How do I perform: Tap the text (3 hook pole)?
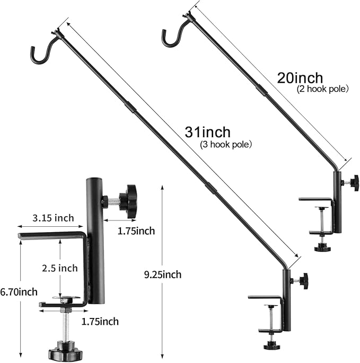pos(225,144)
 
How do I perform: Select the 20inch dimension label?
pos(300,78)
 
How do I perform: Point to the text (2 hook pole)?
pos(322,89)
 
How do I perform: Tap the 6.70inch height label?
pos(19,292)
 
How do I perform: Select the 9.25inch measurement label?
pos(163,274)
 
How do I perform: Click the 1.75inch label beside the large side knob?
pos(136,231)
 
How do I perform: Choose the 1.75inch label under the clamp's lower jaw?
pos(100,321)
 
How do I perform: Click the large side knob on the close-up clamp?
pos(128,201)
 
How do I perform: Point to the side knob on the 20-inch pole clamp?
pos(354,182)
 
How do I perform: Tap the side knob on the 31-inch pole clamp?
pos(303,281)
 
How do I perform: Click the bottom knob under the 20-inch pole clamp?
pos(321,247)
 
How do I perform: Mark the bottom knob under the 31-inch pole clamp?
pos(270,345)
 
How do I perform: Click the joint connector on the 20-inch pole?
pos(262,91)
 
